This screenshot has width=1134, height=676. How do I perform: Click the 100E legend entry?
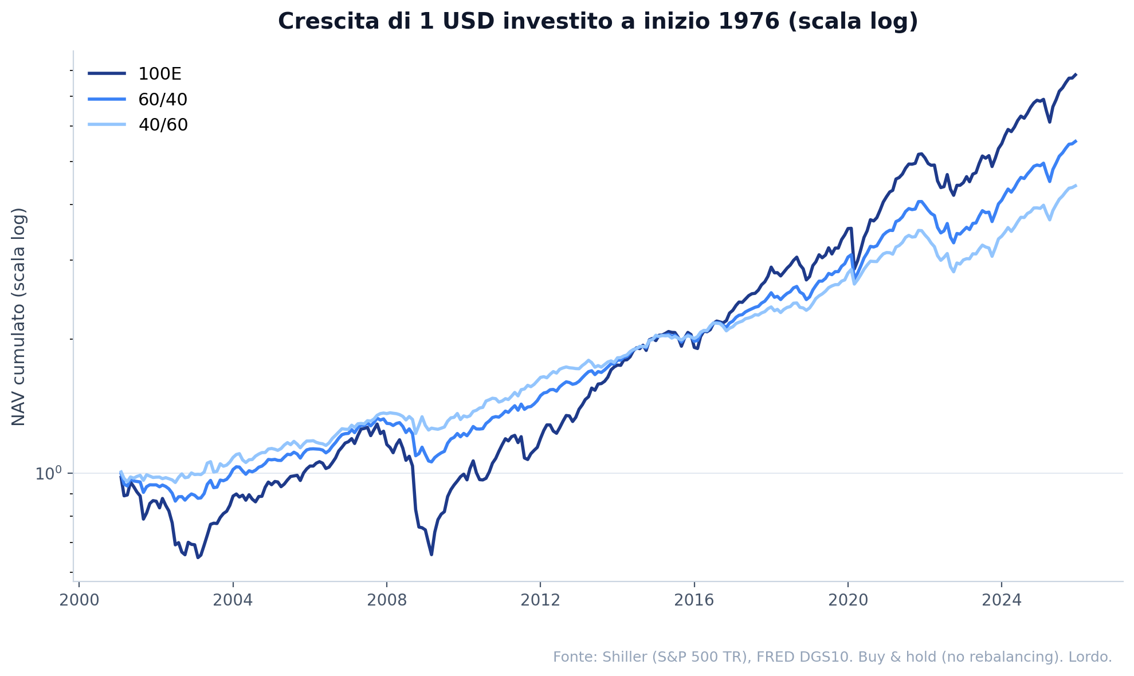(x=159, y=74)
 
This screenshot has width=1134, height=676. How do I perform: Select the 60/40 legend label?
(x=163, y=100)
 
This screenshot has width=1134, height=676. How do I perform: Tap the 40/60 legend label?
(x=163, y=125)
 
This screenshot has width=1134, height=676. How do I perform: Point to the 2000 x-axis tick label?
(x=79, y=600)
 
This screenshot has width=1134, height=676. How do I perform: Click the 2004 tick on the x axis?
(x=233, y=600)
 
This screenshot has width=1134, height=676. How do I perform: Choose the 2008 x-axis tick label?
(x=386, y=600)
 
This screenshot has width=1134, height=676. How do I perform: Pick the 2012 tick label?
(x=540, y=600)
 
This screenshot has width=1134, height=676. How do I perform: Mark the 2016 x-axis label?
(x=694, y=600)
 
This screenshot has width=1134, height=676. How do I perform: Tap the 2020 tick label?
(x=847, y=600)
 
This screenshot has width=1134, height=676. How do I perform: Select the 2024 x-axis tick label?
(x=1001, y=600)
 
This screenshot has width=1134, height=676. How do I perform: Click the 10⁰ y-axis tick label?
(x=48, y=473)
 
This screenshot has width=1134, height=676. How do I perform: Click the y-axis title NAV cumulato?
(x=19, y=316)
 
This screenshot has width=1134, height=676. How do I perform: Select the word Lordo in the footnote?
(x=1094, y=657)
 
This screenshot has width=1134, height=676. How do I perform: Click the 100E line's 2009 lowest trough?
(x=431, y=554)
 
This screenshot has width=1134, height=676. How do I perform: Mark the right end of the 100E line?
(x=1076, y=74)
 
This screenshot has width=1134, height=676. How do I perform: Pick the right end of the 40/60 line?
(x=1076, y=185)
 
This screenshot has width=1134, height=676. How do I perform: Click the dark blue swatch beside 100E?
(x=107, y=74)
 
